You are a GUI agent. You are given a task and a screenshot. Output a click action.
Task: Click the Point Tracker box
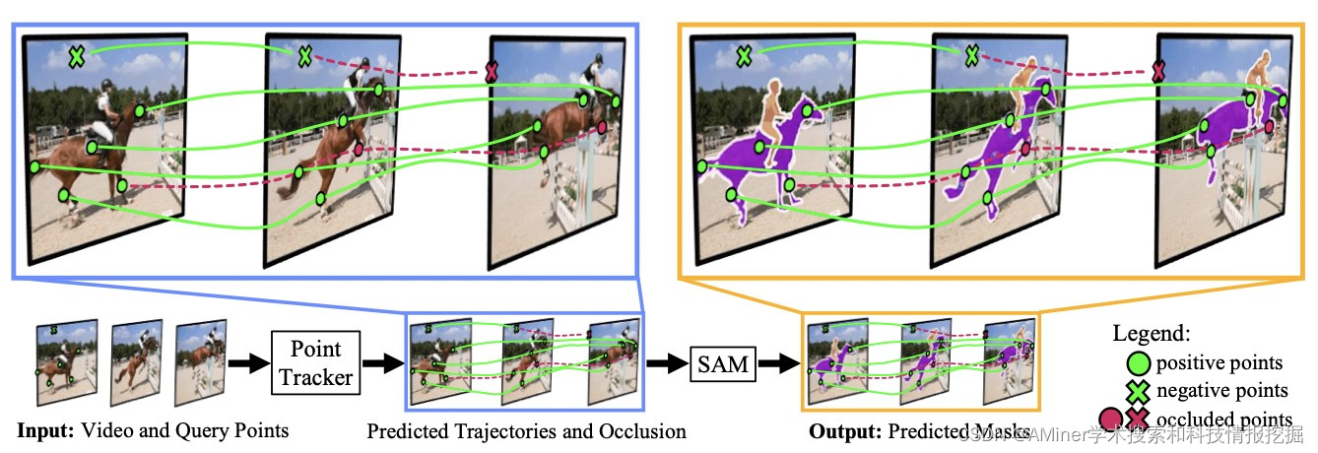click(316, 362)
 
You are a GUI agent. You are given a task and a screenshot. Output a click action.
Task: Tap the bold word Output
click(844, 431)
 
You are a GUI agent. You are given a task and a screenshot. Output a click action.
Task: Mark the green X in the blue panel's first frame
click(76, 57)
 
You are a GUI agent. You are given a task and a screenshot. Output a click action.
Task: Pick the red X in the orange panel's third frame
click(1159, 71)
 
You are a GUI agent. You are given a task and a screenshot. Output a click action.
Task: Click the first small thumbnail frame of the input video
click(65, 361)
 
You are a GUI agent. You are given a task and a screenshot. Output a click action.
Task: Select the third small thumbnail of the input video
click(200, 361)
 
